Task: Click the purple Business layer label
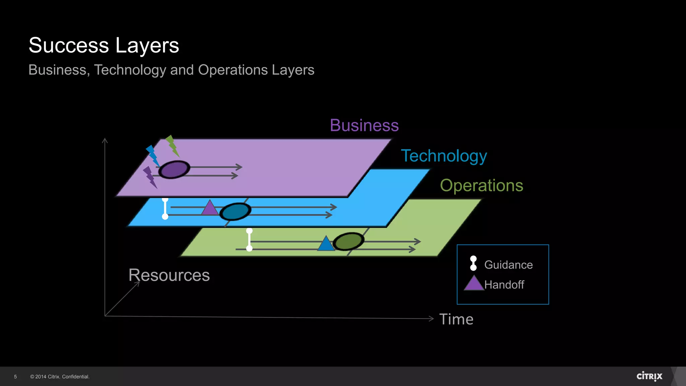[x=364, y=125]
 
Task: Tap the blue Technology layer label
[x=444, y=156]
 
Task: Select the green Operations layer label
[x=481, y=185]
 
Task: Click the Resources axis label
[x=169, y=275]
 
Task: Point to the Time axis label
[x=456, y=319]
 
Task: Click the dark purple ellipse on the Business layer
[x=174, y=169]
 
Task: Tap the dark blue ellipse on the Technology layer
[x=235, y=211]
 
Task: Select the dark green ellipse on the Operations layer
[x=348, y=241]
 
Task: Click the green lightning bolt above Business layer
[x=172, y=146]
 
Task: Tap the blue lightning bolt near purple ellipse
[x=153, y=155]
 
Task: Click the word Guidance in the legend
[x=508, y=265]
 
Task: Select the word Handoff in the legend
[x=504, y=284]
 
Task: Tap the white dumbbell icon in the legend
[x=473, y=263]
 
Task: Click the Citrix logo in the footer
[x=649, y=376]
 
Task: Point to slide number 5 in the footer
[x=15, y=377]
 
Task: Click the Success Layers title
[x=104, y=45]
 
